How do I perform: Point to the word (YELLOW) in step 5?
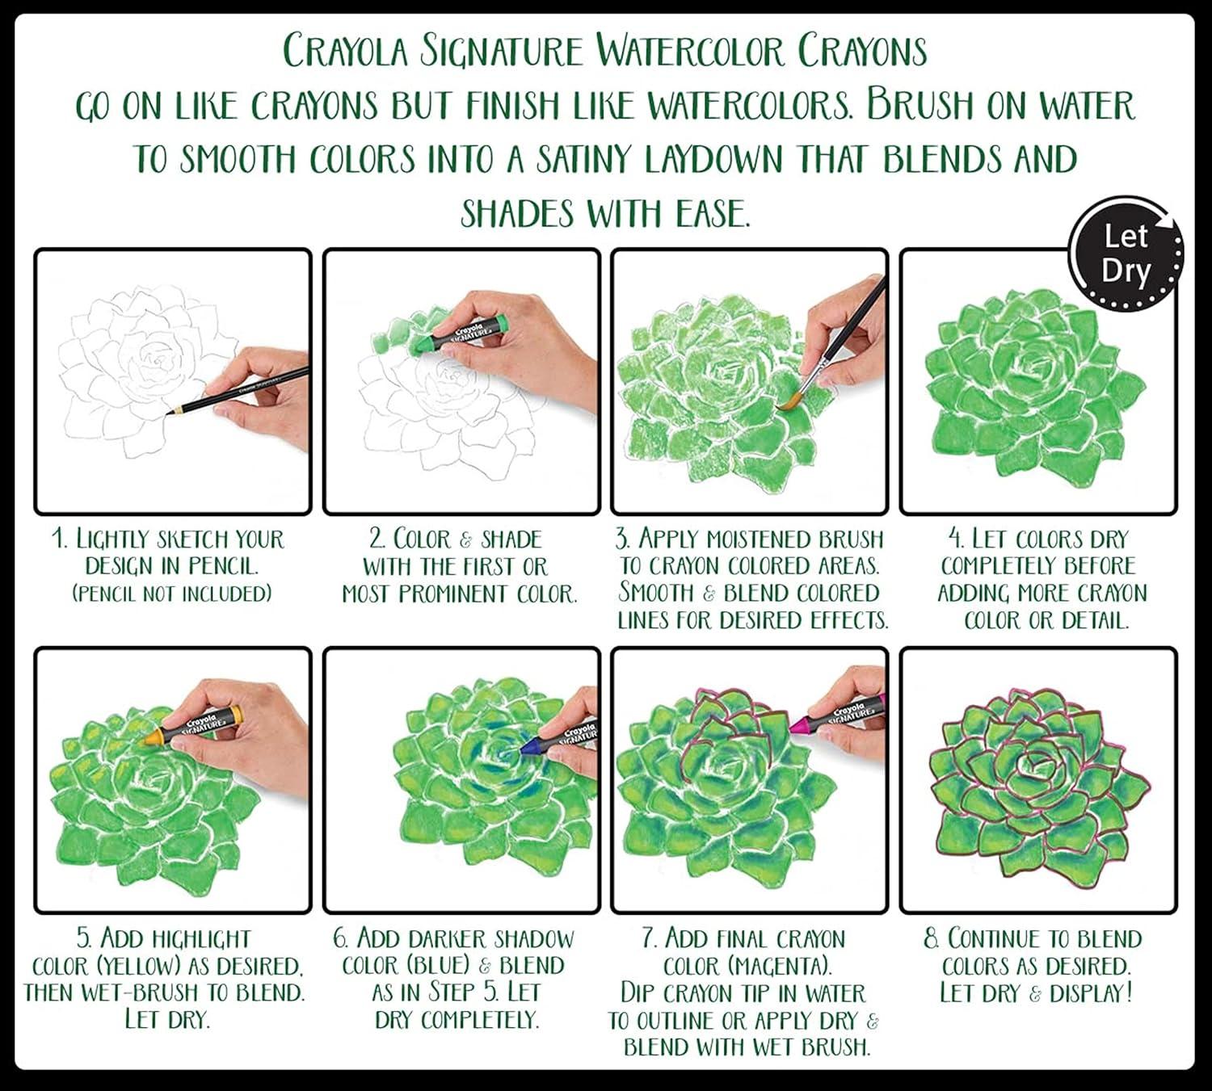[x=140, y=966]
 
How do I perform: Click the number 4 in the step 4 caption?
[x=954, y=539]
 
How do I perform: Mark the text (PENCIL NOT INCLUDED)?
[x=171, y=594]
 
